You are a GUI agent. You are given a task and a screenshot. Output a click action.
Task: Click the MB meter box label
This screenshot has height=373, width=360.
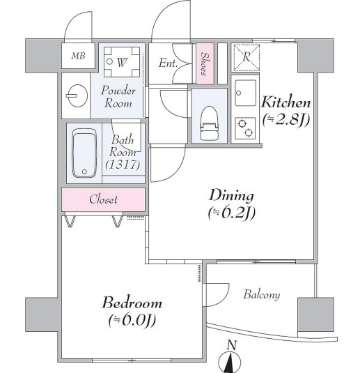[79, 56]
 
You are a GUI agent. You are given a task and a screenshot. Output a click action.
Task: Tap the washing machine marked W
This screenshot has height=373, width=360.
[122, 61]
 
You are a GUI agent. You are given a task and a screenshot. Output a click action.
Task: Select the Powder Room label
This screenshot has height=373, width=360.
[118, 97]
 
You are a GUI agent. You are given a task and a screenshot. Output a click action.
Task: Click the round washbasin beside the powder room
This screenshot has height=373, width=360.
[77, 96]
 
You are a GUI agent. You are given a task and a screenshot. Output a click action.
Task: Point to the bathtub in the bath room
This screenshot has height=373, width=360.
[84, 153]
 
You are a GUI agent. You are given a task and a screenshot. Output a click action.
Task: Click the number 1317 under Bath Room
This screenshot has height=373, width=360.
[123, 165]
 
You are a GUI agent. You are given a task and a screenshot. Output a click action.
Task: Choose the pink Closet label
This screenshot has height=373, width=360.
[103, 199]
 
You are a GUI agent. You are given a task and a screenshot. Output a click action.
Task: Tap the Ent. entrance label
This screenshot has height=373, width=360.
[168, 63]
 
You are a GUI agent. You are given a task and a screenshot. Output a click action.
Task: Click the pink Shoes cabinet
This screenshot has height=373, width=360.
[205, 63]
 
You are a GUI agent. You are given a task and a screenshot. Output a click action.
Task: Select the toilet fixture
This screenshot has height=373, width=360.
[209, 123]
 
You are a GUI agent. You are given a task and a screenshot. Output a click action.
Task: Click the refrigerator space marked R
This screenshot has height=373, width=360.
[246, 58]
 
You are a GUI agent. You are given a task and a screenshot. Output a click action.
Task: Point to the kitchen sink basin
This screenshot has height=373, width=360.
[246, 93]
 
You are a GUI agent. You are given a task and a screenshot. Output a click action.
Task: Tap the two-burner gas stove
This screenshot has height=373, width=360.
[245, 128]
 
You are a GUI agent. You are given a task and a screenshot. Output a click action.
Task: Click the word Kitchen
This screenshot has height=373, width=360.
[286, 102]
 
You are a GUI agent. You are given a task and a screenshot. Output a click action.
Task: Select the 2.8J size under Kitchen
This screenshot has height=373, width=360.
[286, 120]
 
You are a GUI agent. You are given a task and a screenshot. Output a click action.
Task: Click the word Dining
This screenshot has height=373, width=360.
[231, 195]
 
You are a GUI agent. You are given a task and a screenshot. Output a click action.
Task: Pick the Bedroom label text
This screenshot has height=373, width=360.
[132, 303]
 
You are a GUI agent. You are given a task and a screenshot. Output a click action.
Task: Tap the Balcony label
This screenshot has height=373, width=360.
[262, 295]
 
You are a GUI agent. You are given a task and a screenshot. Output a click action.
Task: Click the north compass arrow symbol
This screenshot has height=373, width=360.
[230, 363]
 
